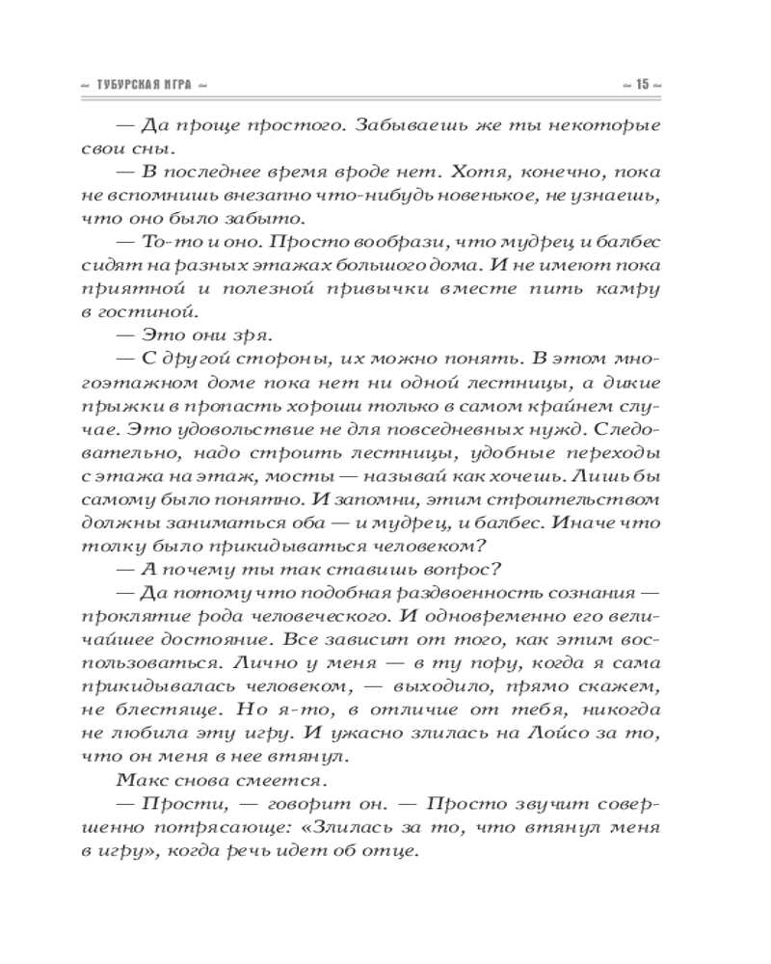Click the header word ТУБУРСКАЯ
tap(131, 85)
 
